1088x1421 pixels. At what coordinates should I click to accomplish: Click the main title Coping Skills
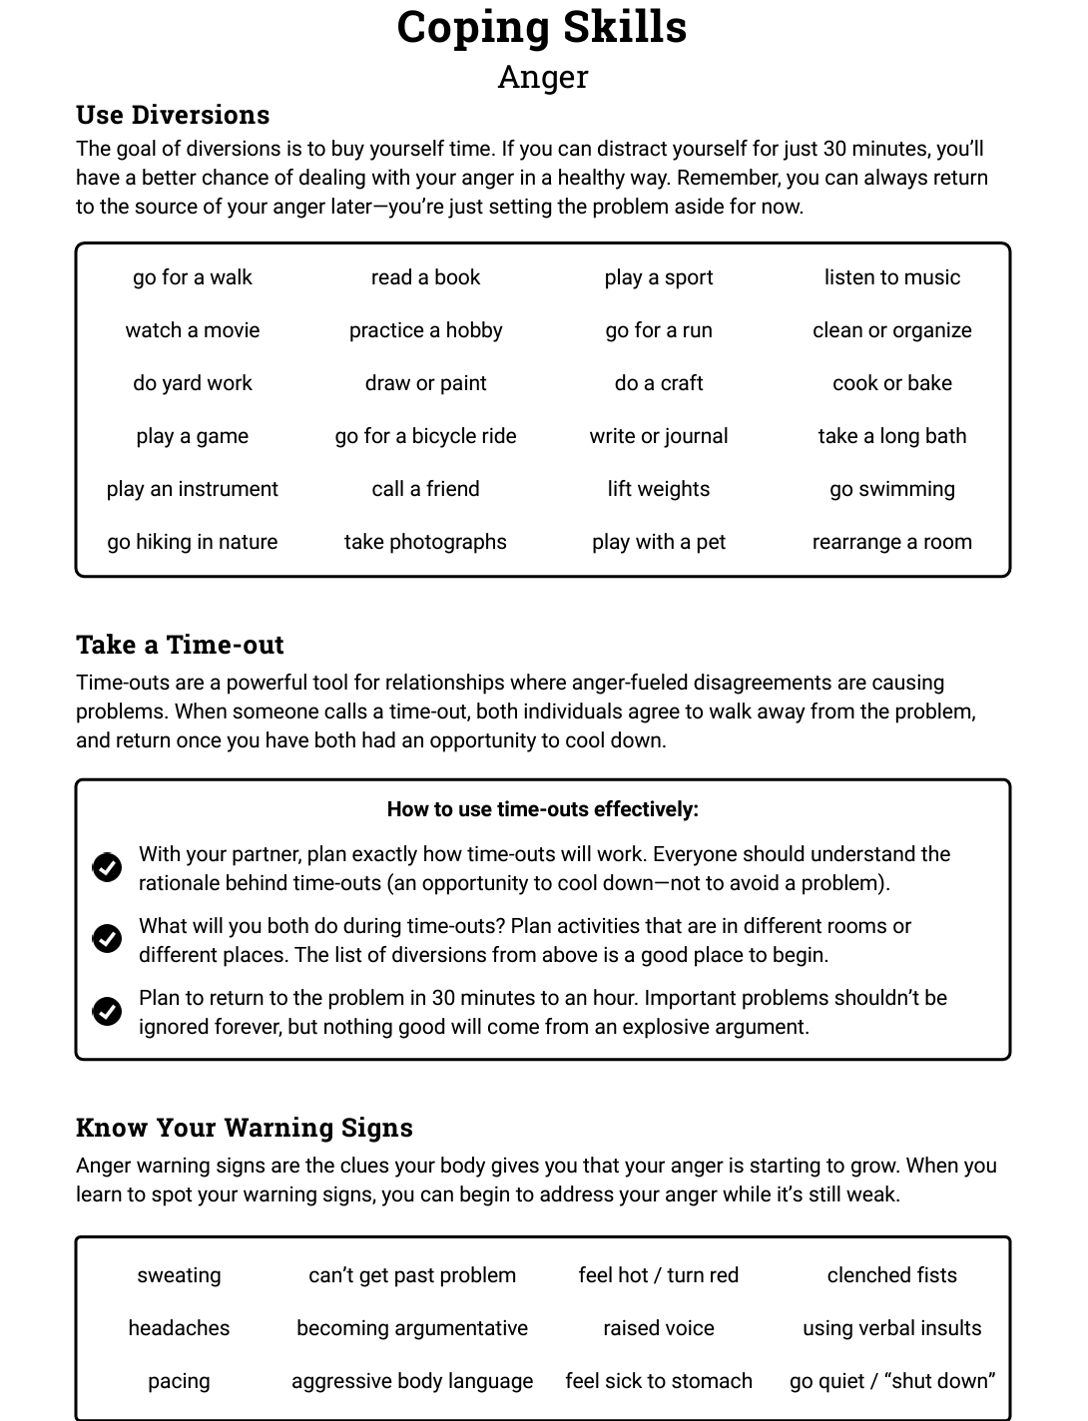542,27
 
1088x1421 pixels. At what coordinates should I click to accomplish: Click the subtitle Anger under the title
542,77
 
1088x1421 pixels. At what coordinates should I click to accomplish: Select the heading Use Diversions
173,115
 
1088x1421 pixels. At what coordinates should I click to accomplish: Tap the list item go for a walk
193,277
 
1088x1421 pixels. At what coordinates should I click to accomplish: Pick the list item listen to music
891,277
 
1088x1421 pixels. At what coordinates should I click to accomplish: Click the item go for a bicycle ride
425,436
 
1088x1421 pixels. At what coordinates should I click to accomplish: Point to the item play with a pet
658,542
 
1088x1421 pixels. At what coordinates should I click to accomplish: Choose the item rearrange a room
891,542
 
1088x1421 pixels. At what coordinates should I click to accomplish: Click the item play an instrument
193,489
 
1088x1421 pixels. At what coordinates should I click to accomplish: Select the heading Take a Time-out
180,645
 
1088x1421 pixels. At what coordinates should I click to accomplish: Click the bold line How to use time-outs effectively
542,809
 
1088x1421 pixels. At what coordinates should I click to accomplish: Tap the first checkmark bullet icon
107,867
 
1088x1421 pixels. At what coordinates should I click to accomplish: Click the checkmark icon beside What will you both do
107,939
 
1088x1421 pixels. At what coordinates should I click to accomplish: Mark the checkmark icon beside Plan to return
107,1011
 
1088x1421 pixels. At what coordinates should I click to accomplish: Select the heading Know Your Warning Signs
244,1128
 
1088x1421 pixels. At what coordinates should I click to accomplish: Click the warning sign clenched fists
891,1275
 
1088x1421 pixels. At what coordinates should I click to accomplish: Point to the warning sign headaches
179,1328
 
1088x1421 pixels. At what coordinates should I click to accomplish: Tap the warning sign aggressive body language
412,1381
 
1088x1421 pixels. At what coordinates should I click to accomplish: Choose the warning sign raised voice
658,1328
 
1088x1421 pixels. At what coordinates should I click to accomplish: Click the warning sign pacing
179,1381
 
